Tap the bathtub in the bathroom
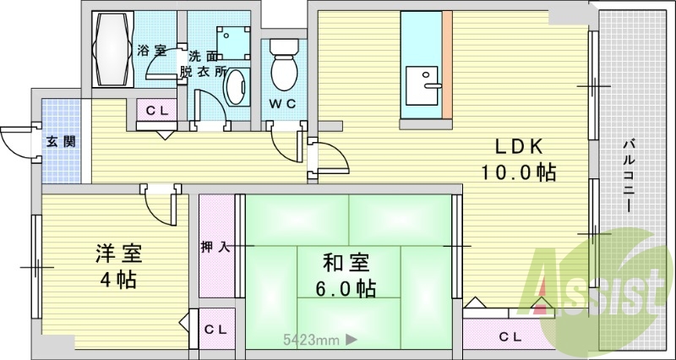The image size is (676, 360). (113, 49)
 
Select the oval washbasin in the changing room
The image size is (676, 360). (237, 87)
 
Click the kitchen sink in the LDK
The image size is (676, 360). (422, 85)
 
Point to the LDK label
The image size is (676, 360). (518, 147)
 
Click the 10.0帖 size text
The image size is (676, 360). (518, 173)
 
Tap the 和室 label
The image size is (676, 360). (346, 263)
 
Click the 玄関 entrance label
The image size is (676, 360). (61, 141)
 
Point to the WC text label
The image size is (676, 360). (282, 104)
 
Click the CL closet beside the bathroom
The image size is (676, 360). (156, 111)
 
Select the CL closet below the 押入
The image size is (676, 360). (215, 330)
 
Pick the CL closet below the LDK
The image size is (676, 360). (509, 336)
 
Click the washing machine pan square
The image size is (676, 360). (233, 43)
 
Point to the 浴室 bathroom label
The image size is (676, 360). (152, 51)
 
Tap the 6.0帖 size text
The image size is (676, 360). (346, 288)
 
